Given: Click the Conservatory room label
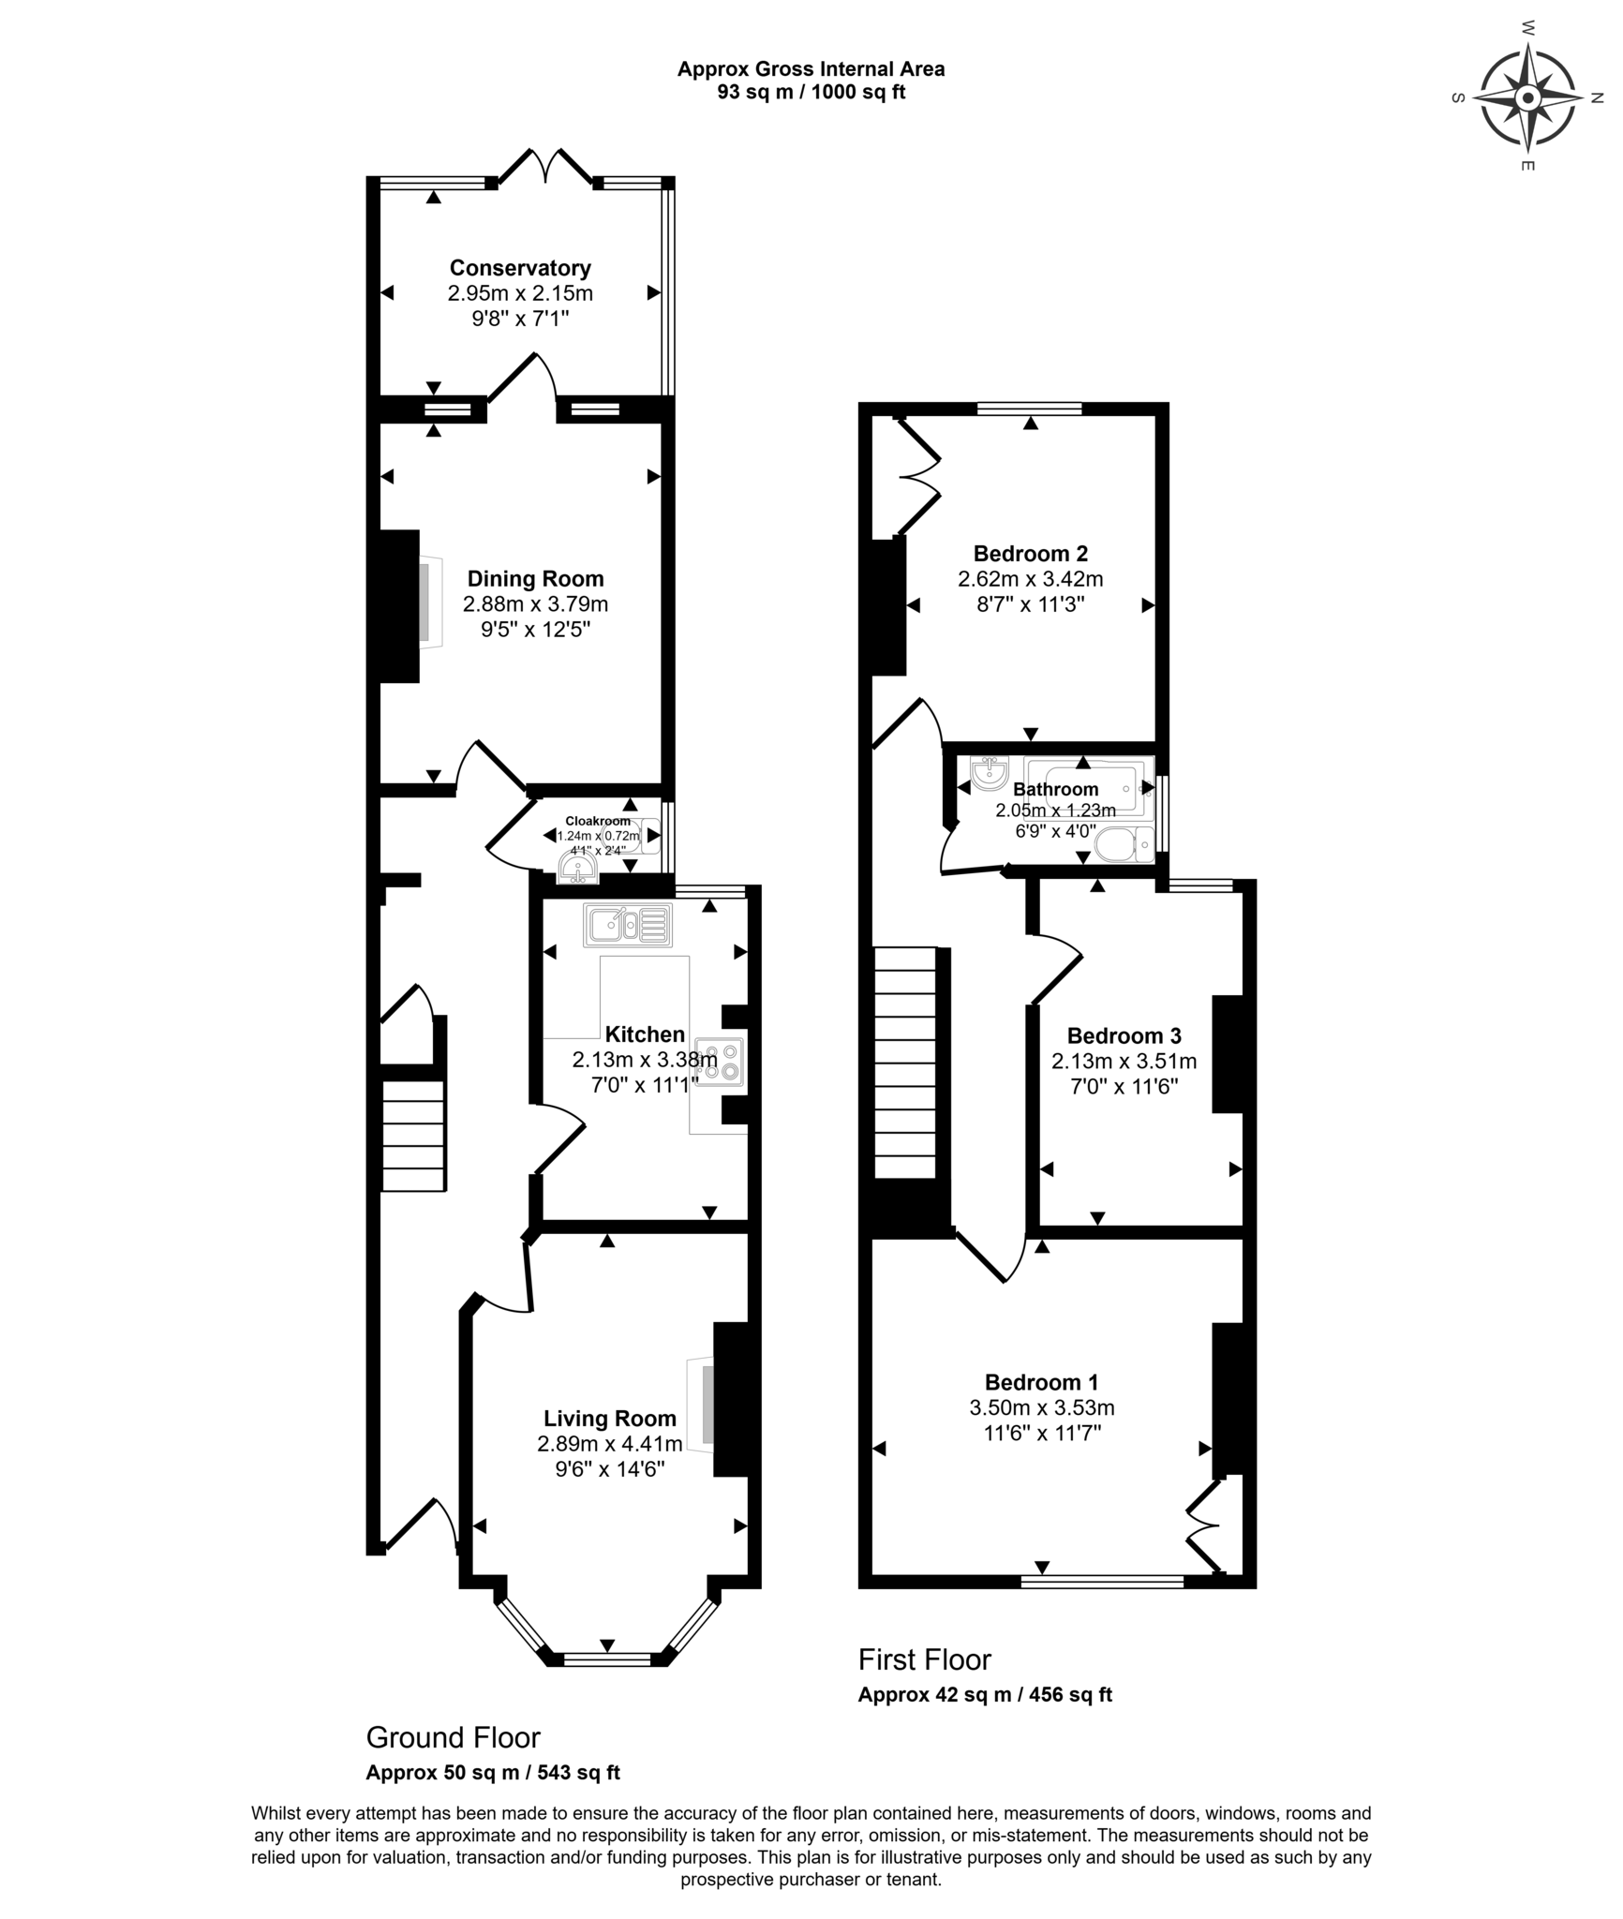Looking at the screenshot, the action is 520,268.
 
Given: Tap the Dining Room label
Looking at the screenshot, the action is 535,579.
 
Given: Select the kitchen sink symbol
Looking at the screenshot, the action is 628,925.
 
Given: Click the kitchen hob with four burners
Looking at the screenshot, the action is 720,1062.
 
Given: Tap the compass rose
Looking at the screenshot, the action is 1527,97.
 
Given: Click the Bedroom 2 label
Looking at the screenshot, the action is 1031,554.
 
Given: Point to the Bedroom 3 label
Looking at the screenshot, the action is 1124,1035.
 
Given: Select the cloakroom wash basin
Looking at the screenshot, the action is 577,868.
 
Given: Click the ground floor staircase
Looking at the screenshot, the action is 412,1135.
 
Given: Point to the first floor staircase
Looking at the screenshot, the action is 905,1062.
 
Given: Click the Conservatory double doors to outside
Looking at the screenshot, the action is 544,166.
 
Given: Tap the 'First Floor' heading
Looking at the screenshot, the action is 925,1659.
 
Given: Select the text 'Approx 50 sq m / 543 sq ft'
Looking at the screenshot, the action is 493,1772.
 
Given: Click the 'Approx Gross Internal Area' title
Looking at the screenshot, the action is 811,68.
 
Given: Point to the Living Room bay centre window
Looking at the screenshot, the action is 607,1659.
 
